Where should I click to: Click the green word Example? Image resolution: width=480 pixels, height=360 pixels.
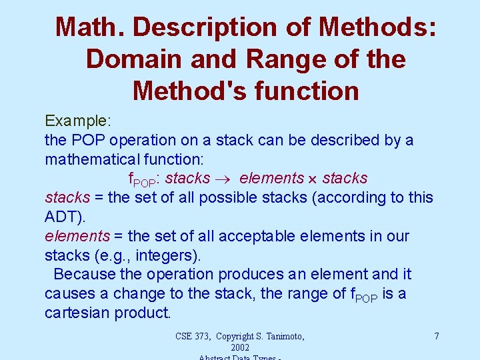pos(77,121)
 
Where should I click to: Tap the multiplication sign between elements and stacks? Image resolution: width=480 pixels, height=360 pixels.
pos(313,179)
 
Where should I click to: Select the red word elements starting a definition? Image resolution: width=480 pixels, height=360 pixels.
pos(77,236)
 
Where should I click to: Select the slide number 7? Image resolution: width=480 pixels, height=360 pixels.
pos(436,336)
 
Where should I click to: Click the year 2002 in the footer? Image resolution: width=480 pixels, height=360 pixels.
pos(239,347)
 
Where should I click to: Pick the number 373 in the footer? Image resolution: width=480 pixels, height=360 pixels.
pos(205,336)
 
